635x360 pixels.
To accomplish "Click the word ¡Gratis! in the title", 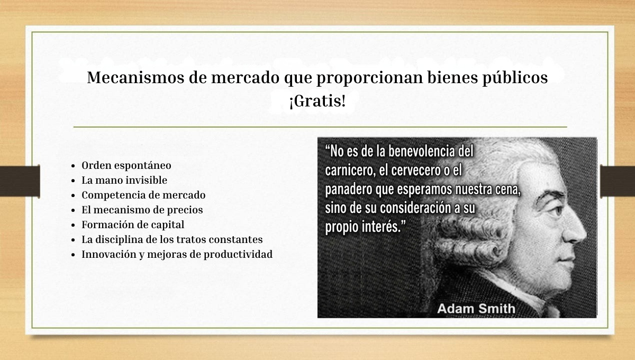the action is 317,101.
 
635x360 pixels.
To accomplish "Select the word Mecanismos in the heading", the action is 135,77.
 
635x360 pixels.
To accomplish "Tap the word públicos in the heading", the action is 515,78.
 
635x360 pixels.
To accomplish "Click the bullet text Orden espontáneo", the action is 126,165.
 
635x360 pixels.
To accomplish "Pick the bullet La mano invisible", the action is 124,180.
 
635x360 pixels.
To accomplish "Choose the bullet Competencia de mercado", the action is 143,195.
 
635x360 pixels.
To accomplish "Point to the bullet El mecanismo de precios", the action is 142,210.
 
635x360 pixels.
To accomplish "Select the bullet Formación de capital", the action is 133,224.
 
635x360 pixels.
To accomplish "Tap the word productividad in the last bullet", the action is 238,255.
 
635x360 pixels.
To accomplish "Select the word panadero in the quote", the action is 348,190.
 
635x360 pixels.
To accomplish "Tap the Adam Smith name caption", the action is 476,309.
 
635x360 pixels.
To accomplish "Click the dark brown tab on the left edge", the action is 20,181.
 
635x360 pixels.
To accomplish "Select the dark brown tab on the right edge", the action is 618,181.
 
